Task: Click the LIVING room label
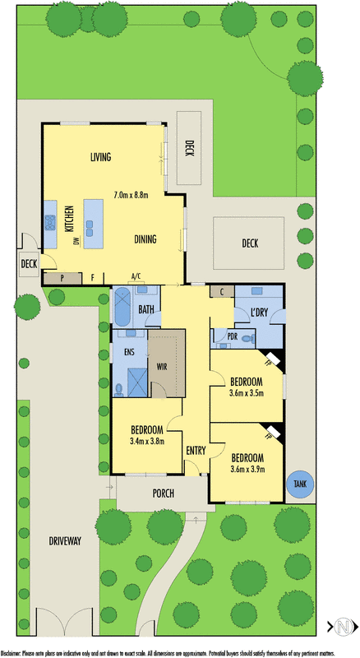(101, 156)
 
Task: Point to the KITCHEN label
(70, 220)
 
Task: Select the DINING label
(145, 239)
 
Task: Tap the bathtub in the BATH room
(122, 306)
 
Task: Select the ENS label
(129, 351)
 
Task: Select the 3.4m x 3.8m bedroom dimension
(148, 441)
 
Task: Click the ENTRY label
(196, 450)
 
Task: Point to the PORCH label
(164, 493)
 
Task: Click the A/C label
(136, 276)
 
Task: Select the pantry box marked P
(62, 277)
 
